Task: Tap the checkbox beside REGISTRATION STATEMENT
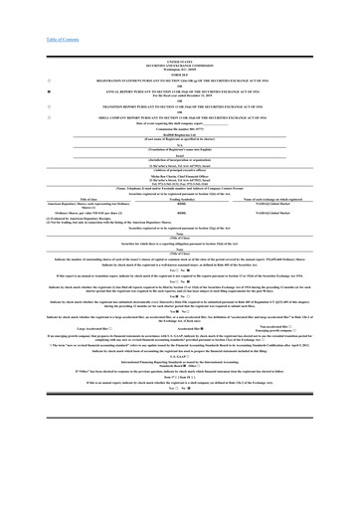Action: (21, 76)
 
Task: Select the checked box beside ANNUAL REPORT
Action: (21, 89)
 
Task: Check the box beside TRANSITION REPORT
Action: (21, 108)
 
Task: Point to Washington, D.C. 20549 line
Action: (179, 62)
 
